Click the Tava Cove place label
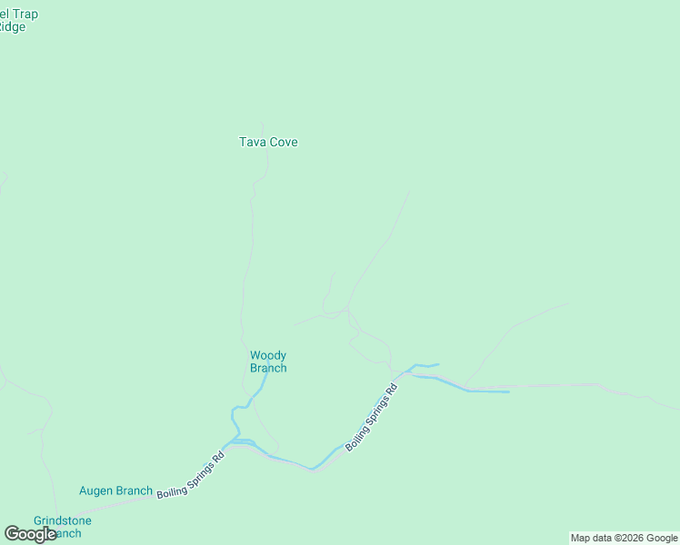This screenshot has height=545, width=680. point(268,142)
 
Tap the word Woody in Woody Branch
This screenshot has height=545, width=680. point(268,355)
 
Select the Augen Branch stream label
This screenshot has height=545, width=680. point(115,491)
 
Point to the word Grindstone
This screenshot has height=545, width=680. point(63,520)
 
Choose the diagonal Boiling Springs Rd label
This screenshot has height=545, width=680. point(371,419)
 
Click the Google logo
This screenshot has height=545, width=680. point(30,534)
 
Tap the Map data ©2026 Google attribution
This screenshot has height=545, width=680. point(625,538)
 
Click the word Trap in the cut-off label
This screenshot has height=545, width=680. point(25,14)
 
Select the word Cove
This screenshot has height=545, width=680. point(283,142)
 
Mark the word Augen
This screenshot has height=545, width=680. point(95,491)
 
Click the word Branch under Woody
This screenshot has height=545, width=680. point(268,368)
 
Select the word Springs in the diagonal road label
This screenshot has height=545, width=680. point(374,415)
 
